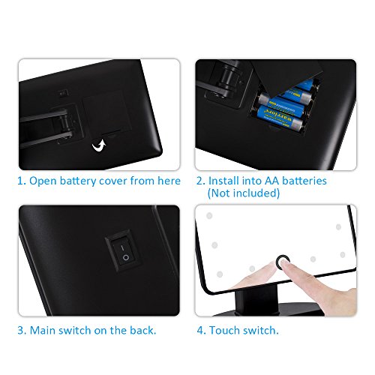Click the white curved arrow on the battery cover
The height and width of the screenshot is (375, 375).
pyautogui.click(x=99, y=145)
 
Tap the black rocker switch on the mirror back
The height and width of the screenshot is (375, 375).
pyautogui.click(x=124, y=251)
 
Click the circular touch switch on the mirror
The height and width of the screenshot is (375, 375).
pyautogui.click(x=283, y=261)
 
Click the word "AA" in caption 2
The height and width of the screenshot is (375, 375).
pyautogui.click(x=271, y=181)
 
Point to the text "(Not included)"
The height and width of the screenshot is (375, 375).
pyautogui.click(x=244, y=193)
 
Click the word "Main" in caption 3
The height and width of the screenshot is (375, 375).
pyautogui.click(x=42, y=330)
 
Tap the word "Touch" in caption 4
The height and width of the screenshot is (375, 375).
pyautogui.click(x=224, y=330)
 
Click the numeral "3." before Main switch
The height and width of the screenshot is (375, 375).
pyautogui.click(x=22, y=331)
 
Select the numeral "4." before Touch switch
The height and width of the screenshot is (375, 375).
pyautogui.click(x=202, y=331)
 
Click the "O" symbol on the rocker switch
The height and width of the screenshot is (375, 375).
pyautogui.click(x=126, y=258)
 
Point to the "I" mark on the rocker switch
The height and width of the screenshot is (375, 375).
pyautogui.click(x=122, y=247)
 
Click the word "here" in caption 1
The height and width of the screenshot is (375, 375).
pyautogui.click(x=169, y=181)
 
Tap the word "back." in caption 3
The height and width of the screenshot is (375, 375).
pyautogui.click(x=143, y=330)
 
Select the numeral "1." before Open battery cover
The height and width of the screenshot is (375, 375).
pyautogui.click(x=22, y=181)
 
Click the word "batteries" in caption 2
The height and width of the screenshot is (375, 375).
pyautogui.click(x=304, y=181)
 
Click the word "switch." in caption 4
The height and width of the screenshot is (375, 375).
pyautogui.click(x=260, y=330)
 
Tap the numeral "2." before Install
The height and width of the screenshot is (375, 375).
pyautogui.click(x=201, y=181)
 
